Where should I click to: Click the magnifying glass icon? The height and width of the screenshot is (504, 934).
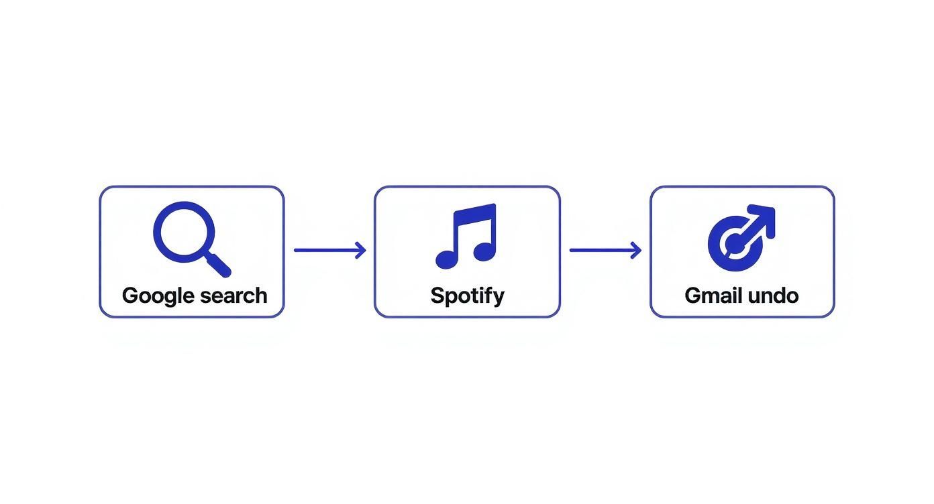click(x=191, y=238)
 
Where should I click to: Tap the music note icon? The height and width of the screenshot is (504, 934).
click(x=467, y=236)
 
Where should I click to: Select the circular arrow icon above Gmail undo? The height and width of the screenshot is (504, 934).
click(x=741, y=238)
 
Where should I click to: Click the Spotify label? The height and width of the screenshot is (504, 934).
click(x=467, y=296)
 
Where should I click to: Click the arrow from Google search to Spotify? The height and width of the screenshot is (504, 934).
click(x=329, y=251)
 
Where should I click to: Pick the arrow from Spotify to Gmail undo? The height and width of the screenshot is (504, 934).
click(x=605, y=251)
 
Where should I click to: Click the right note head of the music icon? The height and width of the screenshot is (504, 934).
click(x=484, y=251)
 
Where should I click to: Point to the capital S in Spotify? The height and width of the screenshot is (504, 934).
click(x=437, y=296)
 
